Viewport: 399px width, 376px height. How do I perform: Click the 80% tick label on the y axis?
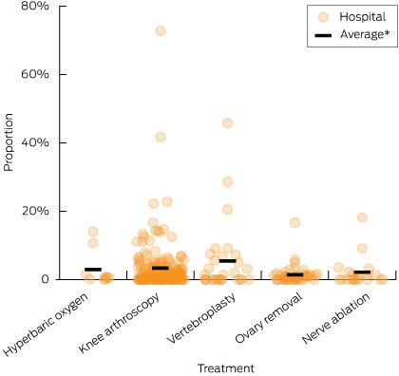pos(35,6)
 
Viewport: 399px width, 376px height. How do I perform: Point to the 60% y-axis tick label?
pos(35,74)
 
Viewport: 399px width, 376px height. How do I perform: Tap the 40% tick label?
pos(35,142)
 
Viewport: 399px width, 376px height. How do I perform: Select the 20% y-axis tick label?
pos(35,211)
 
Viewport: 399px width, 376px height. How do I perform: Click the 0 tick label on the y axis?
pos(46,279)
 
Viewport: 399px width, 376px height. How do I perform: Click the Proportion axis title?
pos(9,142)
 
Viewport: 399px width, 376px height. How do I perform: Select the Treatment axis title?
pos(226,368)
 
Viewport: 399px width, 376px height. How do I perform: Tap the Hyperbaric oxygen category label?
pos(46,324)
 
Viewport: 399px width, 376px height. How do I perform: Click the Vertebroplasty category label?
pos(201,318)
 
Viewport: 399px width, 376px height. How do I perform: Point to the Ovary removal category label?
pos(269,318)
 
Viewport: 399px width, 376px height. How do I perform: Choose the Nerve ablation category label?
pos(335,319)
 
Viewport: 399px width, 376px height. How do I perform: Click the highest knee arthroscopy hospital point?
pos(161,30)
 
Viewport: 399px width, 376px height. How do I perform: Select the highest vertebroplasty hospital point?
pos(228,123)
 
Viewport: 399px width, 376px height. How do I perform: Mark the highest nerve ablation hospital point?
pos(362,217)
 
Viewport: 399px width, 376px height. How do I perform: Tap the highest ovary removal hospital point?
pos(294,222)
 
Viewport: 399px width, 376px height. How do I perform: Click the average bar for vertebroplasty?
pos(228,261)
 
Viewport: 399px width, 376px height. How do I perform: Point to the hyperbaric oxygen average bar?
pos(93,270)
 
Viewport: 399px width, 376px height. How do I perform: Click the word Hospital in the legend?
pos(363,16)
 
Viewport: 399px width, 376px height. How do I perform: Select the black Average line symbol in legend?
pos(323,35)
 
